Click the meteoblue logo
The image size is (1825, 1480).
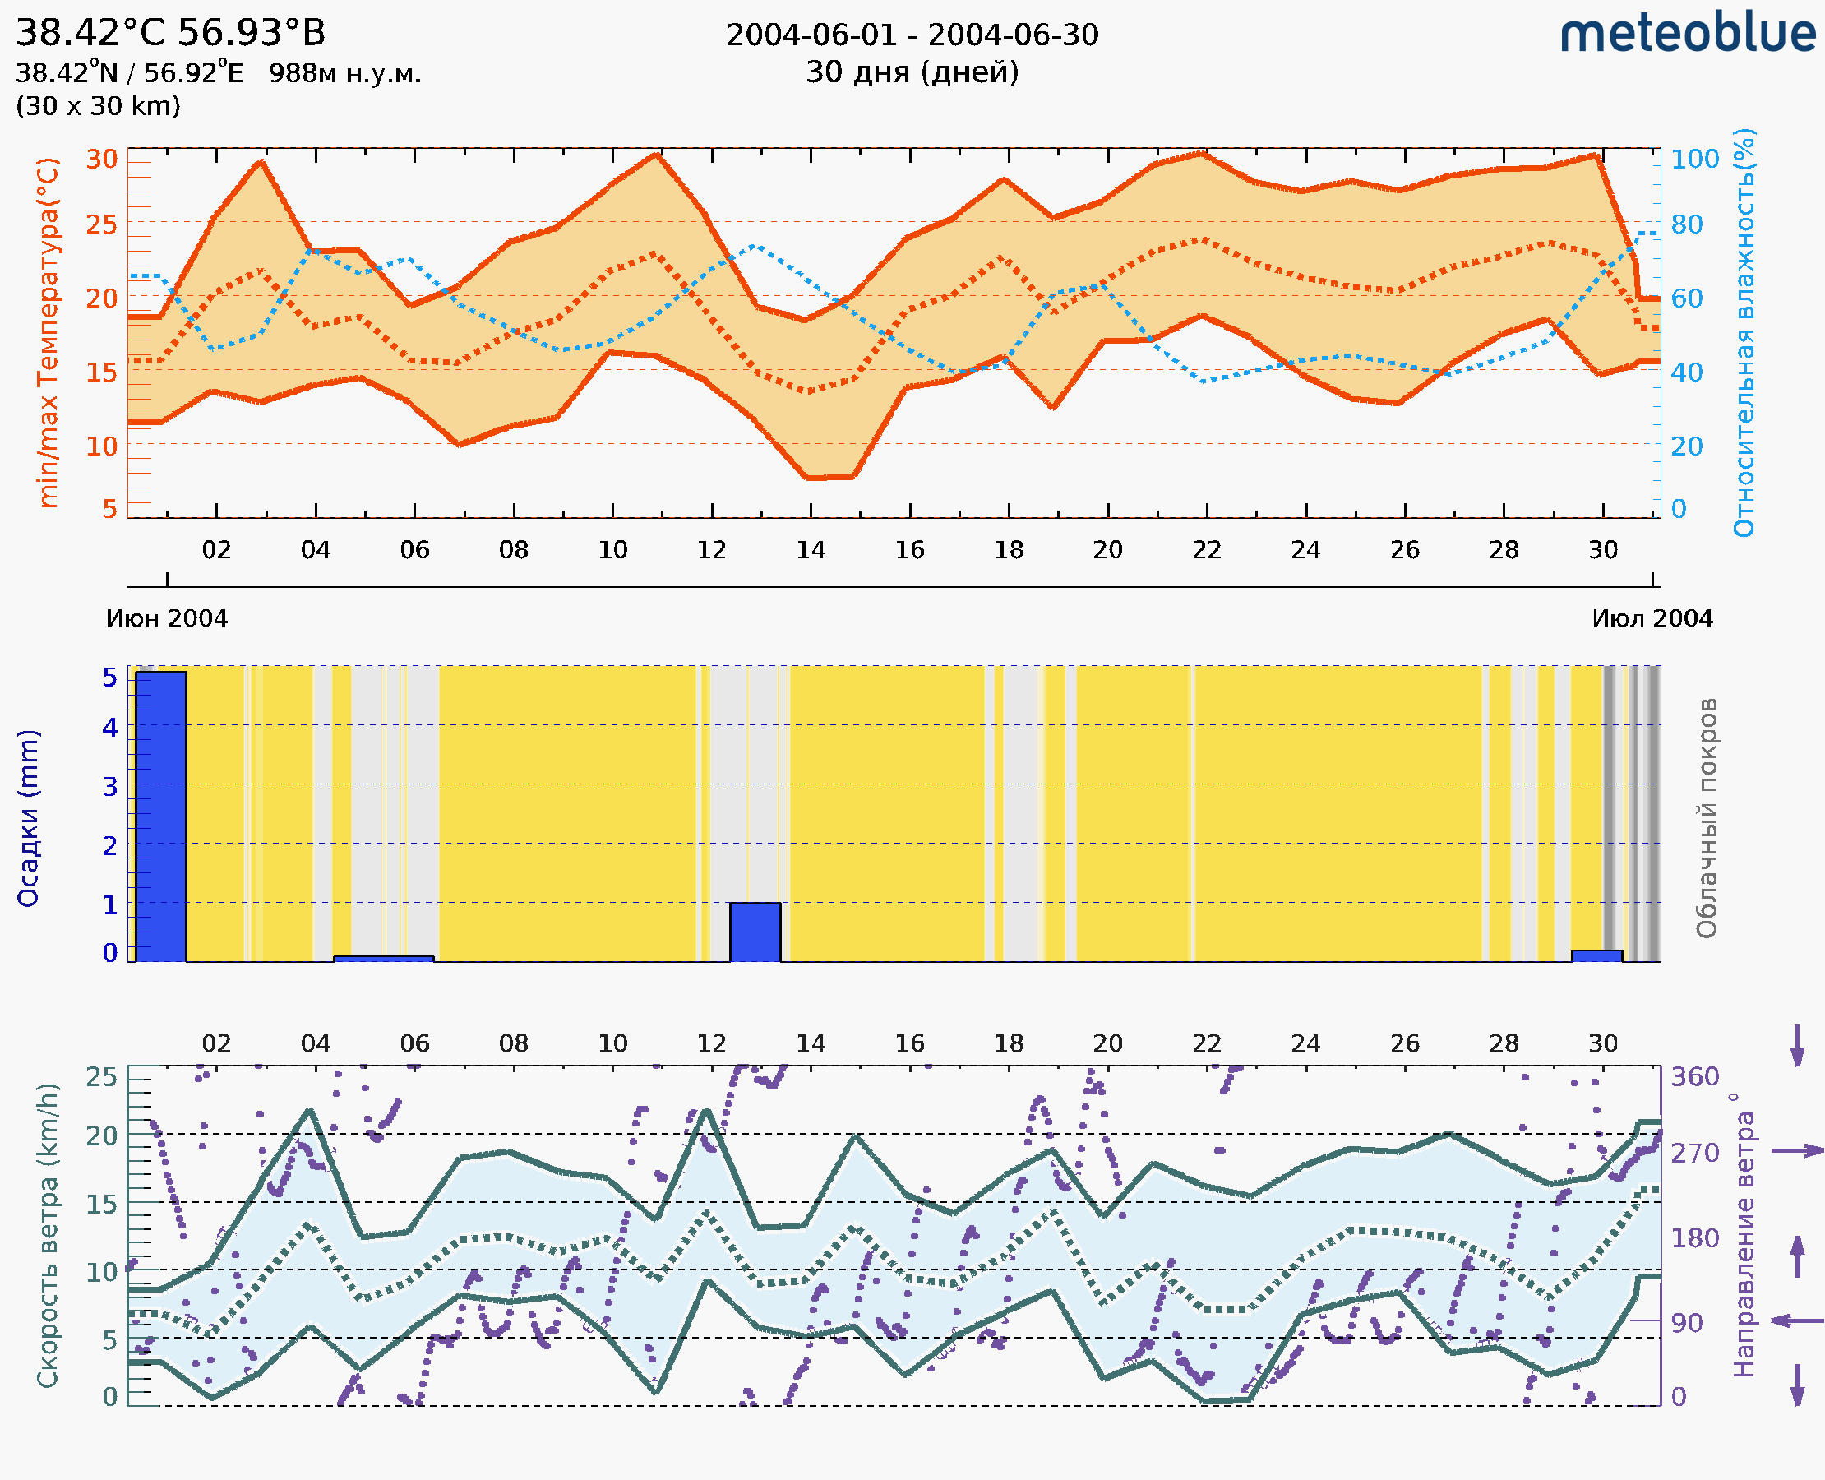coord(1687,34)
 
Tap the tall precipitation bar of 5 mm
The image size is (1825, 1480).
coord(160,816)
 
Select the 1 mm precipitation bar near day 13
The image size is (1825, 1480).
coord(755,932)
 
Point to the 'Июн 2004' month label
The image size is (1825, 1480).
coord(166,619)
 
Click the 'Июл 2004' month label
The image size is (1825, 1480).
coord(1652,619)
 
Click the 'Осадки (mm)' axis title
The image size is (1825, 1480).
coord(28,817)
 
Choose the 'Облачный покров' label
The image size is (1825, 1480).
coord(1707,817)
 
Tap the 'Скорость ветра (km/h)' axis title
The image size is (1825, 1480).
coord(48,1235)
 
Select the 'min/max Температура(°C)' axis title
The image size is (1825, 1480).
coord(48,332)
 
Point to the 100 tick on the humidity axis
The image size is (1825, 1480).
coord(1694,160)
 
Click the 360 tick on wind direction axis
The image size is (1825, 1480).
coord(1694,1077)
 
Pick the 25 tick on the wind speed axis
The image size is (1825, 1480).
coord(101,1077)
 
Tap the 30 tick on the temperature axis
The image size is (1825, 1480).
coord(101,160)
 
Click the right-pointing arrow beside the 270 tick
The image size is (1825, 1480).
coord(1797,1151)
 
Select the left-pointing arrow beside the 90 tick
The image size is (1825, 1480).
coord(1797,1320)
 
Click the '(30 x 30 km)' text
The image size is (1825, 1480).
coord(98,106)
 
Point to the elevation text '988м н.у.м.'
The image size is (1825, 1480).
coord(345,73)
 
